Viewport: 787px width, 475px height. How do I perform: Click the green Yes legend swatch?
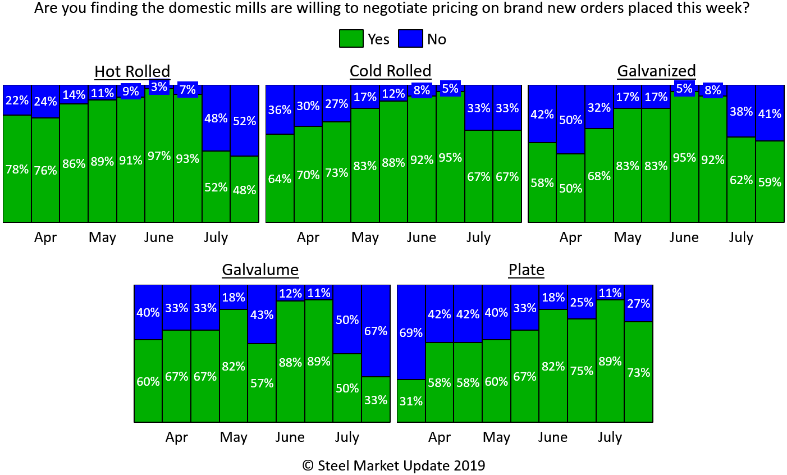point(351,39)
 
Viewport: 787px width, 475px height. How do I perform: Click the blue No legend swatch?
point(410,39)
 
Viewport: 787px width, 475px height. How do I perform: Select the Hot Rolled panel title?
point(132,71)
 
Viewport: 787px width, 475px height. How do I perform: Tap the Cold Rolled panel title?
point(390,71)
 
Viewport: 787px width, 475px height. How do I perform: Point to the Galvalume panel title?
point(260,270)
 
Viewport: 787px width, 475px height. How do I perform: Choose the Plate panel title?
point(526,270)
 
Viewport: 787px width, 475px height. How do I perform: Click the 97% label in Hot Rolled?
point(159,156)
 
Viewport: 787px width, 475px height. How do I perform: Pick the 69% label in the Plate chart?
point(411,333)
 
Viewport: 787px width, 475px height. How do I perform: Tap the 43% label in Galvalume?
point(262,314)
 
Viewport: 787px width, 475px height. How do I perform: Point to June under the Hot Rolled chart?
point(159,237)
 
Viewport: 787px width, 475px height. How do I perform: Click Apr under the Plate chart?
point(440,437)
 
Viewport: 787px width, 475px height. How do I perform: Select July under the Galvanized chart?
point(741,237)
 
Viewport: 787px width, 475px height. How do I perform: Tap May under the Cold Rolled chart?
point(365,237)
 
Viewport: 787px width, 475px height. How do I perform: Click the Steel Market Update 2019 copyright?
point(393,465)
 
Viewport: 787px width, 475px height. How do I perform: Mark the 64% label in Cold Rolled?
point(280,179)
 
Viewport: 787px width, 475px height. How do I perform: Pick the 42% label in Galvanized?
point(542,114)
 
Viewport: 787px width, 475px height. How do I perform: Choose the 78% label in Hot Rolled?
point(17,169)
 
